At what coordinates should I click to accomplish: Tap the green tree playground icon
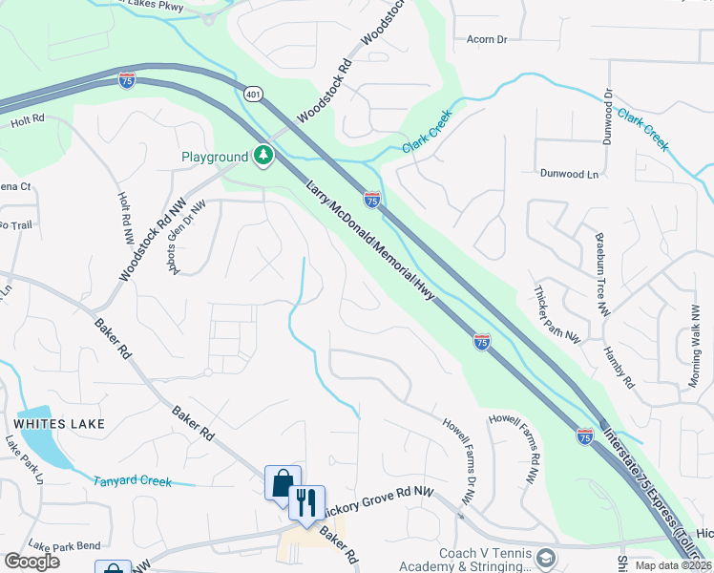coord(262,156)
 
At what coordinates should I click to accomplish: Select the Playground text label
coord(215,157)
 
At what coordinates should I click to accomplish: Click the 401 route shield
coord(252,94)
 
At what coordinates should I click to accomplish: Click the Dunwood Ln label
coord(569,175)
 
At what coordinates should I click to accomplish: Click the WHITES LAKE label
coord(58,422)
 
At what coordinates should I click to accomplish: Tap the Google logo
coord(32,561)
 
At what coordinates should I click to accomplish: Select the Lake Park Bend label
coord(64,545)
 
